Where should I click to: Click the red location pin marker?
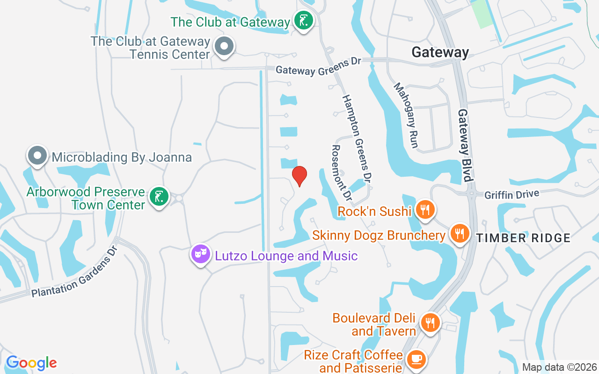point(299,176)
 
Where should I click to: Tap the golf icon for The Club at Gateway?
point(304,21)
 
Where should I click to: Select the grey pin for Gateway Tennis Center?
point(224,46)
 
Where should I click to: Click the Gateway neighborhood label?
point(440,52)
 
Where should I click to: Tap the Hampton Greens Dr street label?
point(357,138)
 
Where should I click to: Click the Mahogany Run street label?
point(406,115)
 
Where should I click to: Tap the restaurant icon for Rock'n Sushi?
point(424,209)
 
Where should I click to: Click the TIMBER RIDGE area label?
point(523,238)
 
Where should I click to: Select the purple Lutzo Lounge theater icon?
point(201,254)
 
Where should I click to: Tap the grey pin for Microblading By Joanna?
point(37,155)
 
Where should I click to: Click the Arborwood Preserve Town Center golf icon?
point(159,197)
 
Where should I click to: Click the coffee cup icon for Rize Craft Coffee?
point(416,360)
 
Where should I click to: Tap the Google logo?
point(31,363)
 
